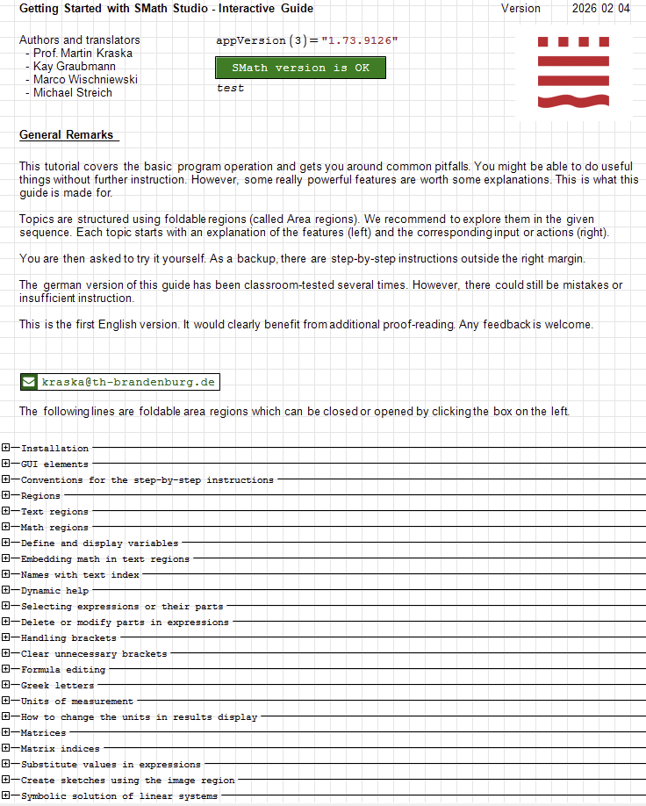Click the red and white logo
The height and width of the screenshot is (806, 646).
click(x=572, y=72)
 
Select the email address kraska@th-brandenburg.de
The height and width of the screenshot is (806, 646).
click(x=129, y=382)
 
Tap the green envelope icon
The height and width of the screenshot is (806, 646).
click(x=29, y=382)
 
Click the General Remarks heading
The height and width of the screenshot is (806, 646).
click(x=67, y=135)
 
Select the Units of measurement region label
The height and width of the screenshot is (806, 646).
click(x=77, y=702)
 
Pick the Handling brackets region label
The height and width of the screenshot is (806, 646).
click(x=68, y=638)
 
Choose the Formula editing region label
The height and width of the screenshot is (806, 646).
click(x=63, y=670)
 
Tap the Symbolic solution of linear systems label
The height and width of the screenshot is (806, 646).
click(x=119, y=796)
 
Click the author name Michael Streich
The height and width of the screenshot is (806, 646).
click(x=73, y=93)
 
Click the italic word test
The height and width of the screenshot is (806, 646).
click(x=230, y=89)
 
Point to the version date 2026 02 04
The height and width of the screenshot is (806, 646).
click(x=600, y=9)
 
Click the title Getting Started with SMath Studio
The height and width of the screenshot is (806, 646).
click(x=123, y=9)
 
